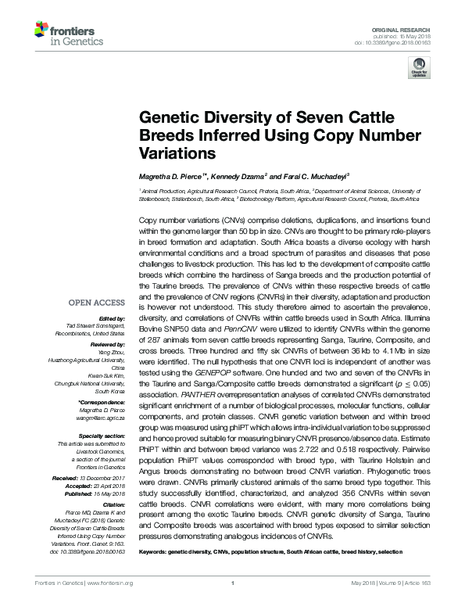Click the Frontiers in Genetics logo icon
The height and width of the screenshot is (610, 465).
click(x=41, y=31)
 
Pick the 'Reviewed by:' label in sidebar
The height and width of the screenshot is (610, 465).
click(x=105, y=345)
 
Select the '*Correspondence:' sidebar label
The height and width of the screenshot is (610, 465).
click(x=102, y=402)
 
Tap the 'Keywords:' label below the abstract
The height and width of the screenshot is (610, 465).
click(x=155, y=552)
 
